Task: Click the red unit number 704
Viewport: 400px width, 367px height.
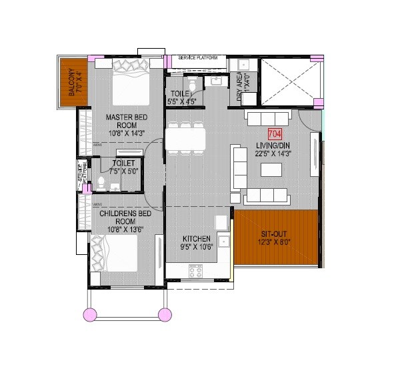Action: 274,133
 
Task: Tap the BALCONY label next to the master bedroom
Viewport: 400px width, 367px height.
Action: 71,84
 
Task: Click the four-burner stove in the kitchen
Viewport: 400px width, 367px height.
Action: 195,271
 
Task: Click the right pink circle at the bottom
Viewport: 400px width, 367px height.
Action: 164,314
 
